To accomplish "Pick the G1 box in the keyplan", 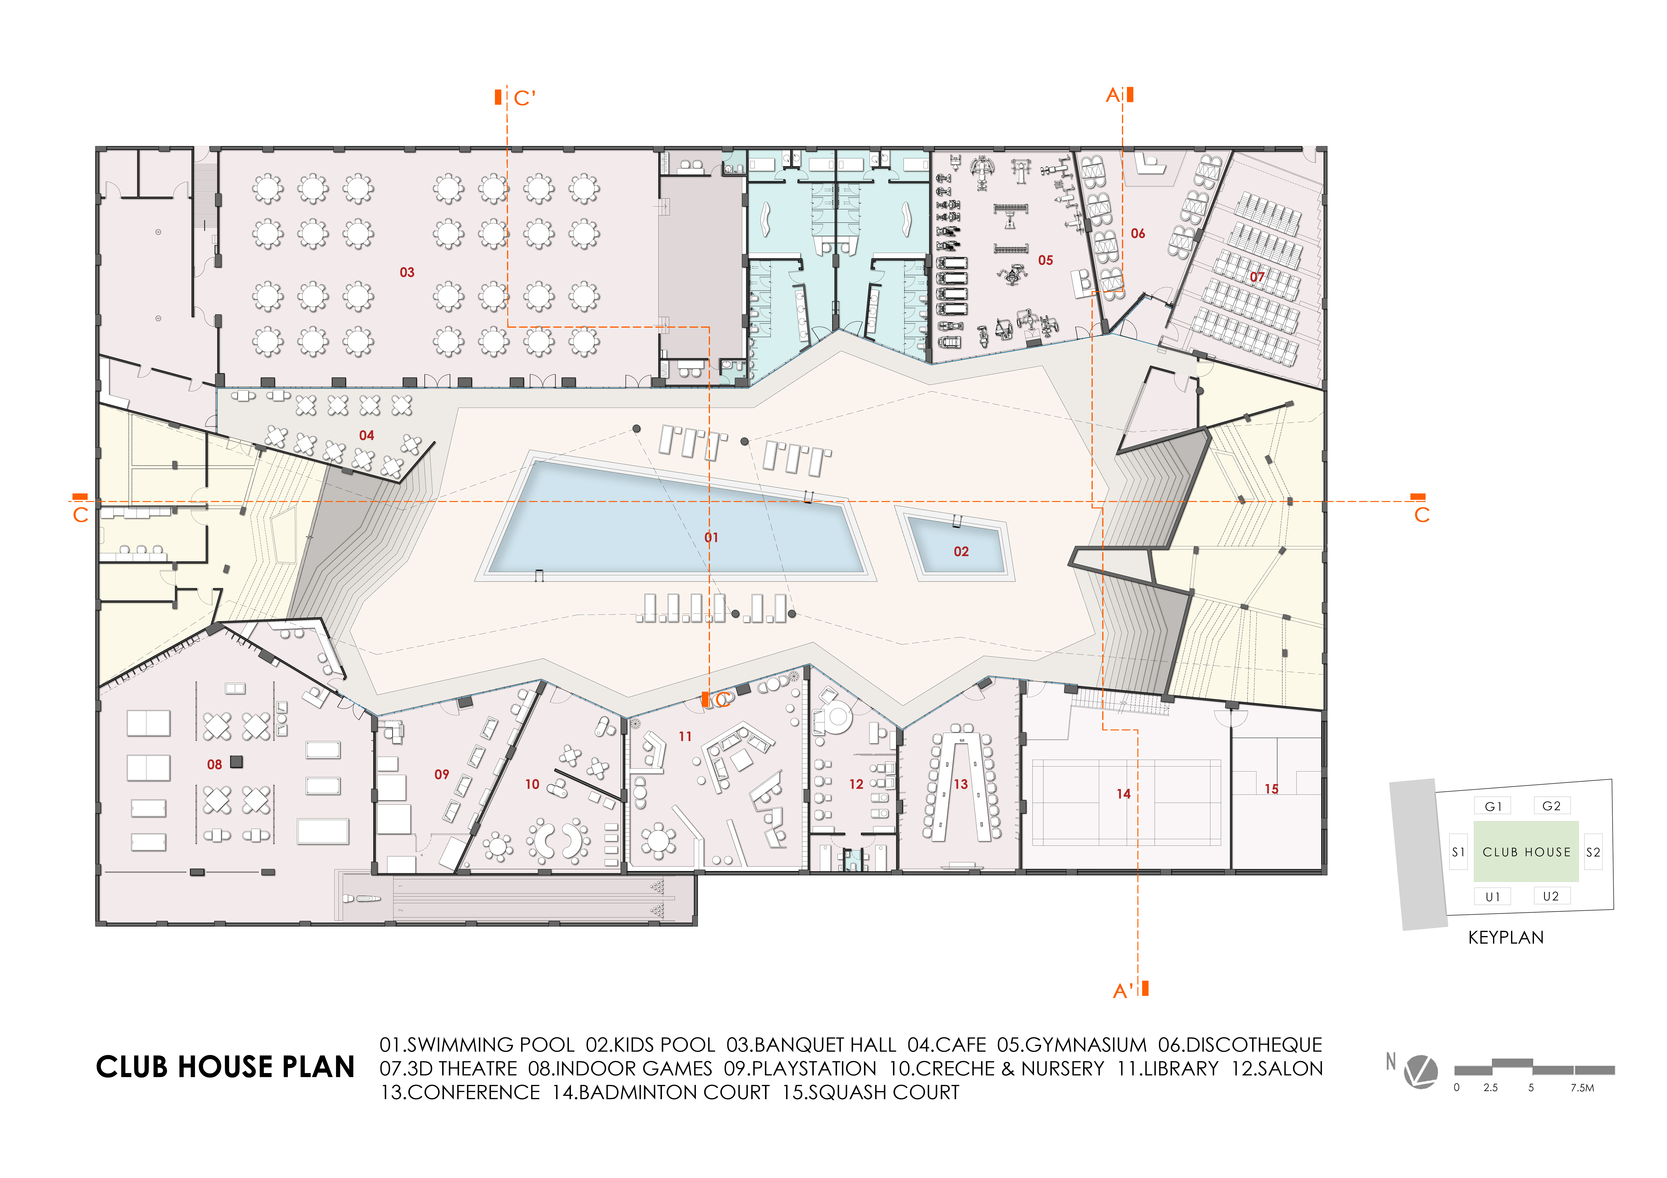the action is coord(1493,806).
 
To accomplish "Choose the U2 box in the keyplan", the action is coord(1551,896).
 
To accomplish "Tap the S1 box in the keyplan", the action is coord(1458,852).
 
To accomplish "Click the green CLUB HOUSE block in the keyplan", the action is coord(1526,851).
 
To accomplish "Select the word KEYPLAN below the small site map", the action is coord(1506,938).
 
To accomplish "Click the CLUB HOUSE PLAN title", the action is coord(225,1067).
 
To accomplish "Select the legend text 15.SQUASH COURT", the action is coord(871,1092).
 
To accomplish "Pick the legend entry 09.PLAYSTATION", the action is coord(800,1068).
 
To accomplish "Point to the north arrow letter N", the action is coord(1390,1061).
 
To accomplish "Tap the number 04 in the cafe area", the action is coord(367,435).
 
